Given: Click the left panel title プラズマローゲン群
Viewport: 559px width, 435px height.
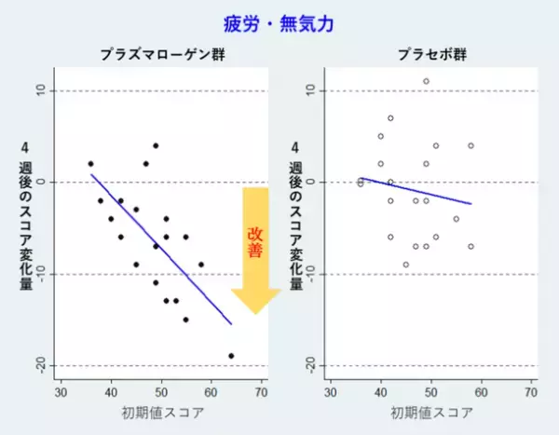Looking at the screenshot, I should coord(153,55).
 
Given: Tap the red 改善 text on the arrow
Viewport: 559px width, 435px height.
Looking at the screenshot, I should coord(255,243).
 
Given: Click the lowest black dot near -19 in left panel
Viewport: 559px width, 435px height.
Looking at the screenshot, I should coord(231,356).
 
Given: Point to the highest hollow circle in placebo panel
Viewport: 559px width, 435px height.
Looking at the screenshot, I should coord(426,81).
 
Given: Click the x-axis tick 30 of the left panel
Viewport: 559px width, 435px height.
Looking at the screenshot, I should coord(61,392).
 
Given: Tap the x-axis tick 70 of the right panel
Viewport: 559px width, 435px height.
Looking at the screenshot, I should coord(531,392).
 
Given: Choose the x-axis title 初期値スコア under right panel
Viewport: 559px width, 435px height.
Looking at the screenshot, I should coord(431,413).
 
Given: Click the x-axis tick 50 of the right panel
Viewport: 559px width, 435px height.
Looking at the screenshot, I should coord(430,392).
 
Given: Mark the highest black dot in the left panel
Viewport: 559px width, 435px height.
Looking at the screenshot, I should coord(156,145).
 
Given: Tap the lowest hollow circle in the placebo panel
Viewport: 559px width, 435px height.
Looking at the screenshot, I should coord(405,265).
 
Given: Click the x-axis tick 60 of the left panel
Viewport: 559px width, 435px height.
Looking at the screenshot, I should coord(211,392).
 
